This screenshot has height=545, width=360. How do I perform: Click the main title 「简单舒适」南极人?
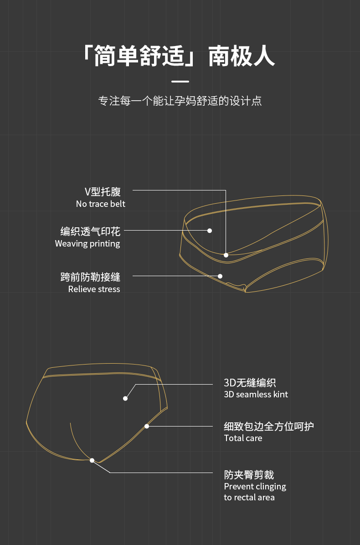point(180,56)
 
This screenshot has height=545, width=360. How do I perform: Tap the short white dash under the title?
point(180,82)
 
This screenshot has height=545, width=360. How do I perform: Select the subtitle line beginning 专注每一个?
point(180,101)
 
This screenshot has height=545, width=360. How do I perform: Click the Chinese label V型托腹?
point(103,191)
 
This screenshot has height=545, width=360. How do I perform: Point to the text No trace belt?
point(100,204)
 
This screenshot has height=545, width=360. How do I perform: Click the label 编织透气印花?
point(90,231)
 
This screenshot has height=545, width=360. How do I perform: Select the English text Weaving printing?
point(87,243)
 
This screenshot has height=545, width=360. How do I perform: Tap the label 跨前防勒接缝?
point(90,277)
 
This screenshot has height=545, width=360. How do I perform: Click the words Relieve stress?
point(94,289)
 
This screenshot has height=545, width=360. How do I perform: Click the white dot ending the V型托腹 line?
point(226,255)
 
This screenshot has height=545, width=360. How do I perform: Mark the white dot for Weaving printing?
point(210,231)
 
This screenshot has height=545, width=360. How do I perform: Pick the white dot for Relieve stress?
point(220,276)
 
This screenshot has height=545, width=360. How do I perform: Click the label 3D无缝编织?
point(250,383)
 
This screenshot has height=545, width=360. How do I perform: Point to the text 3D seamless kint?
point(256,394)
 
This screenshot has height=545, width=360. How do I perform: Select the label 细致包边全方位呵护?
point(269,427)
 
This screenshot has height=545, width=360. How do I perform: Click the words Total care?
point(243,438)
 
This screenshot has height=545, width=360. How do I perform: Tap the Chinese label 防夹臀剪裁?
point(249,475)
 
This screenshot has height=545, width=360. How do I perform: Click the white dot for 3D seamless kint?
point(125,398)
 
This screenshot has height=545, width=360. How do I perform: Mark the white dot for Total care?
point(147,427)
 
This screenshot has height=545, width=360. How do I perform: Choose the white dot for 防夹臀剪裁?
point(92,461)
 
